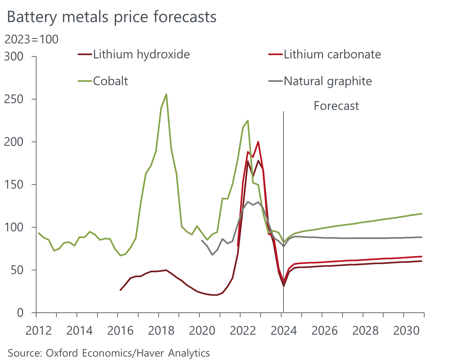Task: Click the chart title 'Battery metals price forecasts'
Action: (112, 17)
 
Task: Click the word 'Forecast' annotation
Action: (336, 106)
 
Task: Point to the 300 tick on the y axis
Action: (14, 56)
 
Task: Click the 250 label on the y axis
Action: (14, 99)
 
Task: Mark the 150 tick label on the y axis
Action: (14, 185)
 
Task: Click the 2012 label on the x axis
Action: (38, 331)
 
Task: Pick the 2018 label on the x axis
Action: (161, 331)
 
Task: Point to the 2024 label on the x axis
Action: (284, 331)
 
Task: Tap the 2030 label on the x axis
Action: (406, 331)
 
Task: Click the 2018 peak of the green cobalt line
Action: (167, 94)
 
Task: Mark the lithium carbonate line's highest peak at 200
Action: (258, 142)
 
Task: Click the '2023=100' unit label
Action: (31, 39)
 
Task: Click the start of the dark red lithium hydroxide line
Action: (121, 290)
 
